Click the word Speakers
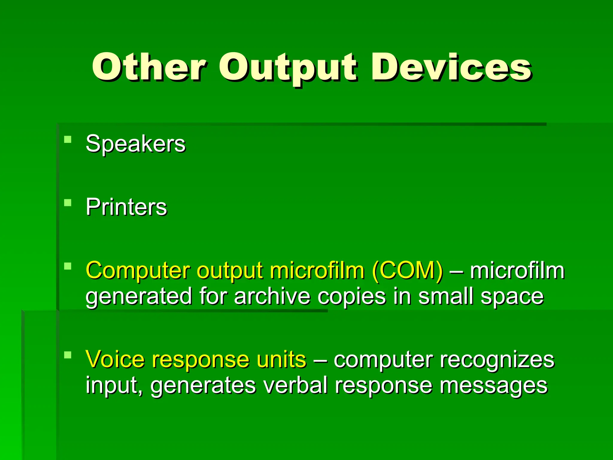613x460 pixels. (x=135, y=144)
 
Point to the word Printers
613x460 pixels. (x=126, y=207)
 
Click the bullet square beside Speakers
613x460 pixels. (x=68, y=140)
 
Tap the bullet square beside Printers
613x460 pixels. (x=68, y=203)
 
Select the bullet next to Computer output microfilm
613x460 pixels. (x=68, y=266)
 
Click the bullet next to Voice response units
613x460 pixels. (x=68, y=355)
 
